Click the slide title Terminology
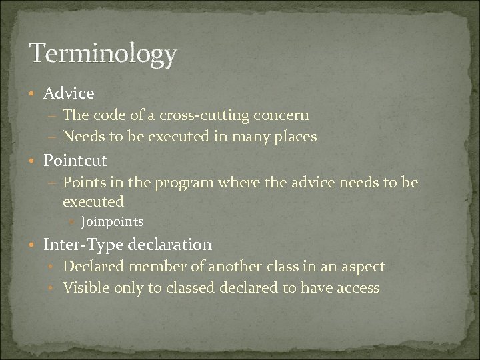coord(102,54)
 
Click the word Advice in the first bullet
coord(69,93)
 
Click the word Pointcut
coord(75,161)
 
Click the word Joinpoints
coord(112,221)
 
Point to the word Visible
coord(84,288)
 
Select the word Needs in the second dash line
coord(83,137)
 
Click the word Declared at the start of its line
coord(92,267)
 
